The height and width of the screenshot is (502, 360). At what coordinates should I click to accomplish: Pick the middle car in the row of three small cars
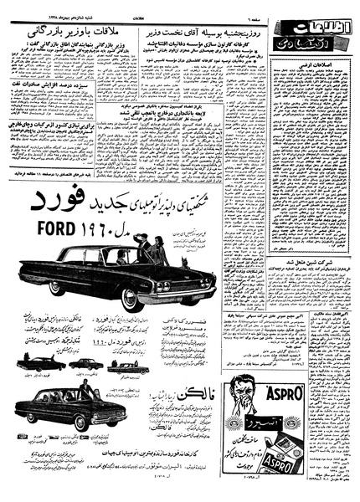[86, 365]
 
